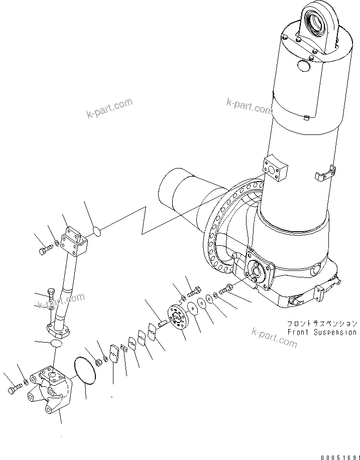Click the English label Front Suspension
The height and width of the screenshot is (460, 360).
pos(322,332)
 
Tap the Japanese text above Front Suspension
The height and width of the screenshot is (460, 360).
pos(322,324)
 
